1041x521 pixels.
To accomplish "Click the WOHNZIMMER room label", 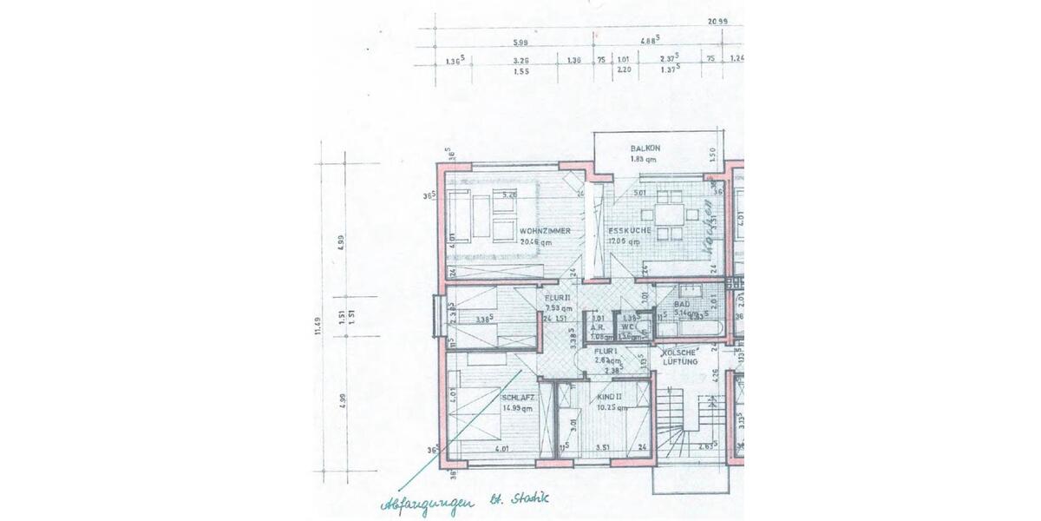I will [545, 231].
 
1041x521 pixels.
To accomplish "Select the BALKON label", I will [645, 148].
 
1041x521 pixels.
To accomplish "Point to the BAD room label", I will [682, 305].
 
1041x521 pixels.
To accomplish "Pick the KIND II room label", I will [611, 396].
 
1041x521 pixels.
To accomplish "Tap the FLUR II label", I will [557, 297].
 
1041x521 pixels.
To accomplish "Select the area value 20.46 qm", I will [536, 243].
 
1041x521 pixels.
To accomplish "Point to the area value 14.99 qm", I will [517, 406].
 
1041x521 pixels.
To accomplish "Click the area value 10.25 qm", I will [612, 407].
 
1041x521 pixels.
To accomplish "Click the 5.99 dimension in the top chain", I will [520, 42].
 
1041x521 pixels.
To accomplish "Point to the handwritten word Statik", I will [527, 499].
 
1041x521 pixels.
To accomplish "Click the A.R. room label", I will [597, 327].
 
